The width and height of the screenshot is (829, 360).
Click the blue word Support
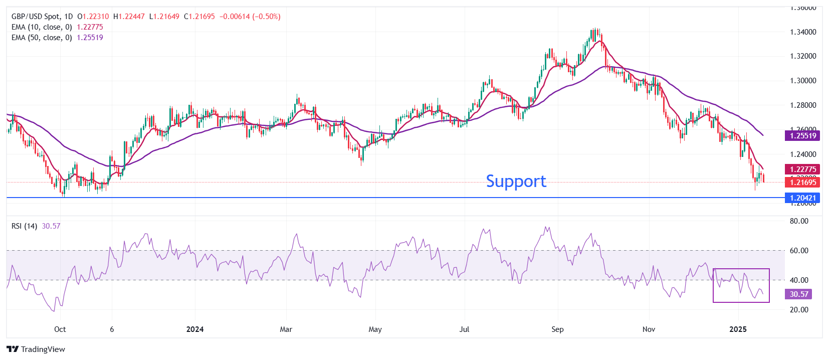516,181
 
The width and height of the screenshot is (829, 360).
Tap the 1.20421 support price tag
803,198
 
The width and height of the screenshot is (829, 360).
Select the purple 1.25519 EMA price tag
803,135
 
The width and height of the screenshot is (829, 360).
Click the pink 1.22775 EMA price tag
803,169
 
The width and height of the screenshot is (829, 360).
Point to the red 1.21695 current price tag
803,182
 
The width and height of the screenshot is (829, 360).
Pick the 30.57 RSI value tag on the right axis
799,294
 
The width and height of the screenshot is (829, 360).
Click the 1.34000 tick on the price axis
803,32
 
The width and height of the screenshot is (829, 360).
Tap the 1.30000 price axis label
803,81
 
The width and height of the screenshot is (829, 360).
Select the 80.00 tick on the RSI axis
799,221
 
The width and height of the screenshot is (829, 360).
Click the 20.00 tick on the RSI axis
799,310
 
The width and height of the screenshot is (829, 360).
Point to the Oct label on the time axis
60,329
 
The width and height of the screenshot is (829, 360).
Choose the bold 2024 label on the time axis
195,329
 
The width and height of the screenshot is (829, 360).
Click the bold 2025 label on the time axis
738,329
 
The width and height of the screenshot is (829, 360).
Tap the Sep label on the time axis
557,329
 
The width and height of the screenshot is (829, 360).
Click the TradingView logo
36,349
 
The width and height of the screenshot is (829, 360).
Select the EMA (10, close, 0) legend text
42,27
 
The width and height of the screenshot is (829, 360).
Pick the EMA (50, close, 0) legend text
42,38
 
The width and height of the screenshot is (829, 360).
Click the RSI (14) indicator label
24,226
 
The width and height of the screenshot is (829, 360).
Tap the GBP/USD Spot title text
35,17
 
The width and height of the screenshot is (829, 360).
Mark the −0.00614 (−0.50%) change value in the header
250,17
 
